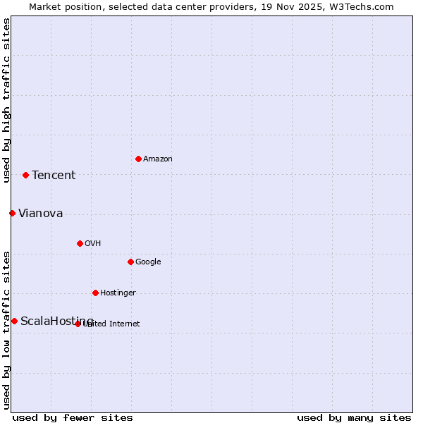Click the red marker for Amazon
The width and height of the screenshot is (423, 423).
pyautogui.click(x=138, y=159)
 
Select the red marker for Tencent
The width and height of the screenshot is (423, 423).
pyautogui.click(x=25, y=175)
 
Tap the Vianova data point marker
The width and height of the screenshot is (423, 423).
pyautogui.click(x=12, y=213)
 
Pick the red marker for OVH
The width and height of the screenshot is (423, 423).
pyautogui.click(x=80, y=243)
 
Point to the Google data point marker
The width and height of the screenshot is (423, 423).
pyautogui.click(x=130, y=262)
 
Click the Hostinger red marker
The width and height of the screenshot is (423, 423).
pyautogui.click(x=95, y=293)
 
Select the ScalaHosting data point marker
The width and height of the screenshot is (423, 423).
pyautogui.click(x=14, y=321)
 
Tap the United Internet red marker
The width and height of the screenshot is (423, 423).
pyautogui.click(x=78, y=324)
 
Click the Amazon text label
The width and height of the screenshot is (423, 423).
pyautogui.click(x=158, y=159)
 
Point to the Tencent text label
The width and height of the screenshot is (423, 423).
pyautogui.click(x=54, y=176)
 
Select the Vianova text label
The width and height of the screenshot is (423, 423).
pyautogui.click(x=40, y=214)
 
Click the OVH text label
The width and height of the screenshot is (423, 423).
pyautogui.click(x=92, y=244)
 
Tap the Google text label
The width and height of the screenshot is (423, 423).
pyautogui.click(x=148, y=262)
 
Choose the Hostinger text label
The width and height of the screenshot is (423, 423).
pyautogui.click(x=118, y=293)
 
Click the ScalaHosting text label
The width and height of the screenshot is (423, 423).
pyautogui.click(x=56, y=321)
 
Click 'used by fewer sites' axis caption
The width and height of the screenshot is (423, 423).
pyautogui.click(x=73, y=417)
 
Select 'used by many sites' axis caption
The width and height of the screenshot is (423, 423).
pyautogui.click(x=354, y=417)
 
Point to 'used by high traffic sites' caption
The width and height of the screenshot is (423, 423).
pyautogui.click(x=6, y=100)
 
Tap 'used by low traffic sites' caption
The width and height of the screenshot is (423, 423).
pyautogui.click(x=6, y=330)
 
